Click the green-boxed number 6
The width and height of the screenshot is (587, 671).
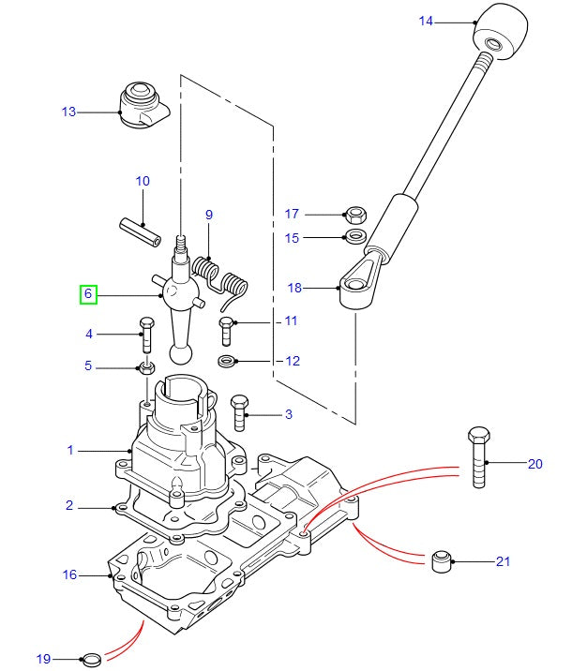88,294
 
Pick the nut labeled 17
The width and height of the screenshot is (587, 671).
355,215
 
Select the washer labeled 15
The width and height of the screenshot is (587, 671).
355,236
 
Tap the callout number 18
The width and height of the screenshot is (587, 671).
293,289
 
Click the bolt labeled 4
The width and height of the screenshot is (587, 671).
145,336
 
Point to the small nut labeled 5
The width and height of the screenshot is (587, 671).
146,365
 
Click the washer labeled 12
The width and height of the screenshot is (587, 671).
227,361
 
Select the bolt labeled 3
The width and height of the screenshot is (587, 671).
238,409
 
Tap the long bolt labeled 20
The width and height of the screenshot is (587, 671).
477,459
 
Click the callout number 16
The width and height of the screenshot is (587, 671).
69,574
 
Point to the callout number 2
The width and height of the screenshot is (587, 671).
69,506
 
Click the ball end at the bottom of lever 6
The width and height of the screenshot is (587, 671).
181,353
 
